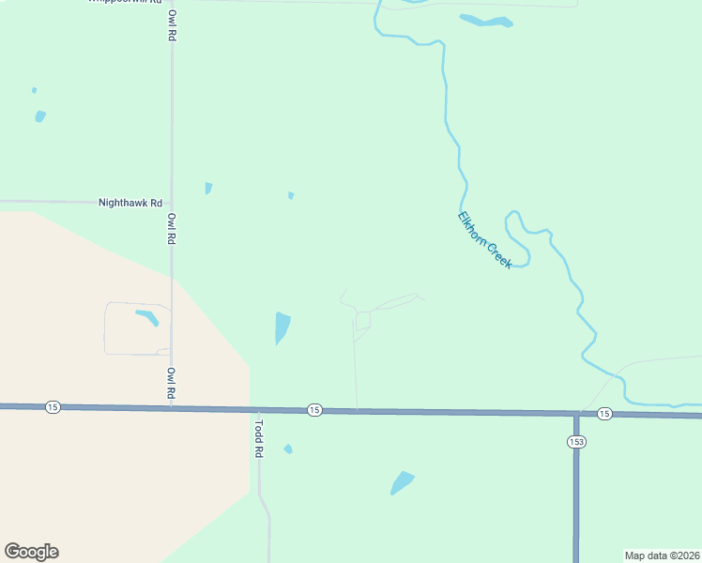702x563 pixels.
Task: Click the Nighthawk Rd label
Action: pos(130,203)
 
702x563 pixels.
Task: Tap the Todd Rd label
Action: pos(259,437)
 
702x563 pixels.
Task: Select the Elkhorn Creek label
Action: pos(484,240)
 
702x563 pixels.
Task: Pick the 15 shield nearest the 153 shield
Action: pos(604,414)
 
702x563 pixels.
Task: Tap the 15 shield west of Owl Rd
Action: pos(52,406)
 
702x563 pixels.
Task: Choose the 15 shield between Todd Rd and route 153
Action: pos(314,410)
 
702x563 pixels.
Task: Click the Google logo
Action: pos(31,552)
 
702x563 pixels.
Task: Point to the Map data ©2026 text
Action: pos(662,555)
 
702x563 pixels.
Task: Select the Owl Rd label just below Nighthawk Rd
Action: pos(172,229)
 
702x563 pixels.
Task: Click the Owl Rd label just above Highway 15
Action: pos(172,383)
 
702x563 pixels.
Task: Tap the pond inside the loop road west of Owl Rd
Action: pos(147,317)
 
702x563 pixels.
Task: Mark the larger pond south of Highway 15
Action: pos(402,483)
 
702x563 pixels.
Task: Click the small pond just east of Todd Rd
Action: pos(288,449)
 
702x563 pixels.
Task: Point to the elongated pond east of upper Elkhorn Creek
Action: pos(485,20)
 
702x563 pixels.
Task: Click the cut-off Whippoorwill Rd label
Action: pos(125,2)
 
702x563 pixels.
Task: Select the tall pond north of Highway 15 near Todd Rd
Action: pos(282,327)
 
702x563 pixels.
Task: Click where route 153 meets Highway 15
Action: pos(576,413)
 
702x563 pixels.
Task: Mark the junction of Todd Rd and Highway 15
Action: pos(258,409)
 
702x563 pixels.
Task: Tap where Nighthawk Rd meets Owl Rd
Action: pos(171,202)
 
